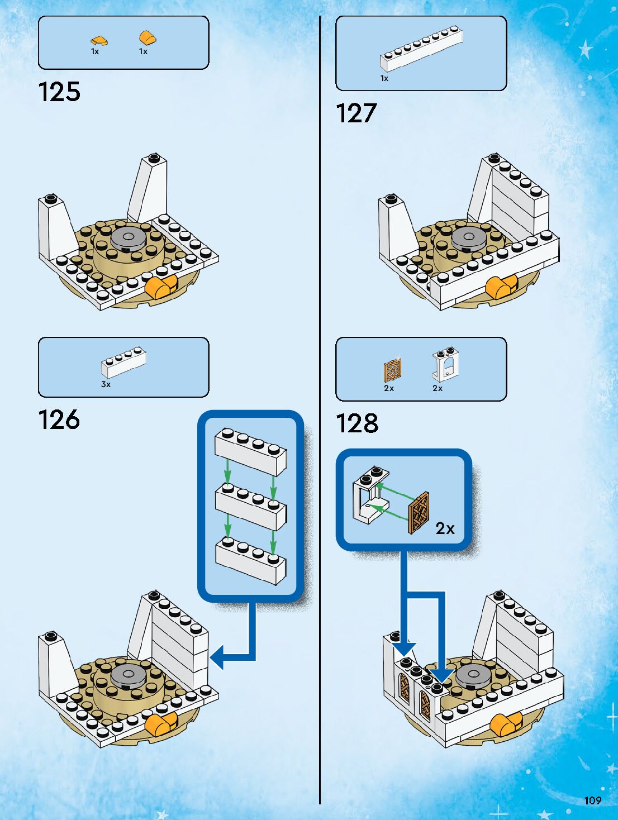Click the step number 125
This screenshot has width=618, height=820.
[59, 92]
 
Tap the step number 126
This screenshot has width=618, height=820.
[59, 419]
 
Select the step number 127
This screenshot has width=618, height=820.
[356, 113]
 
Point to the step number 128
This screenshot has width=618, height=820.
[357, 423]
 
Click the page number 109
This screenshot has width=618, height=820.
[593, 800]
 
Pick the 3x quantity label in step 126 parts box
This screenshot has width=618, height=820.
[106, 384]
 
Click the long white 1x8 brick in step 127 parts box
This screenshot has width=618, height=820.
[421, 49]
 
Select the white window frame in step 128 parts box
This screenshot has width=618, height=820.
[446, 364]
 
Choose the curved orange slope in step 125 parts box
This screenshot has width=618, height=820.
[148, 38]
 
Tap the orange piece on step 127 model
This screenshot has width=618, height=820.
[501, 287]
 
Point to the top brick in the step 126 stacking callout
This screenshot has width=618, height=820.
[251, 452]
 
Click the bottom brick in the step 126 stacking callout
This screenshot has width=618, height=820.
[251, 560]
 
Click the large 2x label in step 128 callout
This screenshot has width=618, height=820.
[445, 528]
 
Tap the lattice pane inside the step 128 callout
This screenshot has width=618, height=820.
[419, 513]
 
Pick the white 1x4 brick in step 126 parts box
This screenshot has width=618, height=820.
[123, 362]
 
